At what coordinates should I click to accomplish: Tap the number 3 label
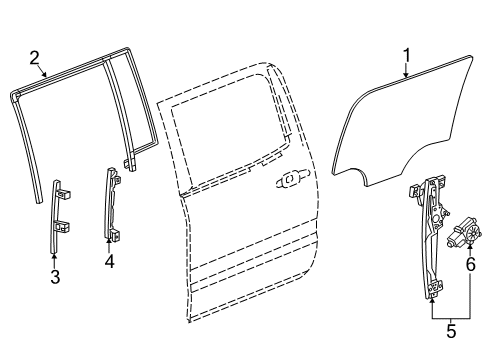(x=55, y=277)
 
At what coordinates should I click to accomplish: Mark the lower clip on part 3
(x=62, y=228)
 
